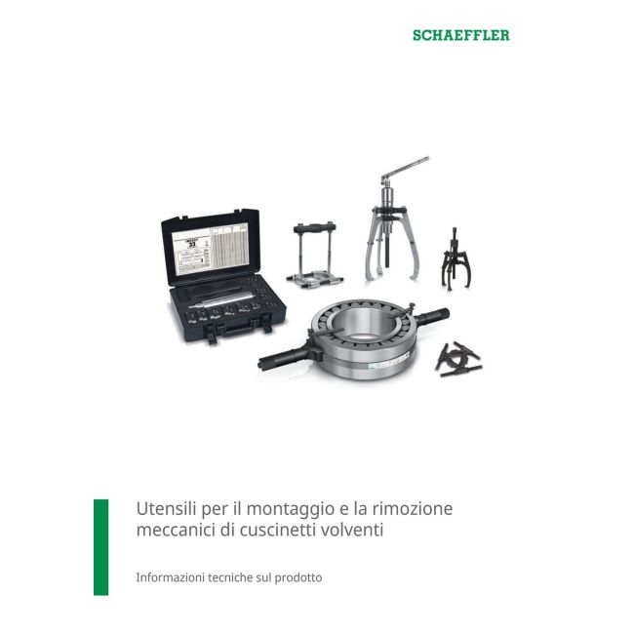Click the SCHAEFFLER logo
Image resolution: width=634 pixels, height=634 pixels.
(461, 35)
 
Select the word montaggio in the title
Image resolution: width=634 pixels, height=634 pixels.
(275, 509)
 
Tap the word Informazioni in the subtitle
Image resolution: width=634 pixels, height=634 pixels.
(172, 577)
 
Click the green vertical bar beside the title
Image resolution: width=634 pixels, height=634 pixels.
(100, 546)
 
